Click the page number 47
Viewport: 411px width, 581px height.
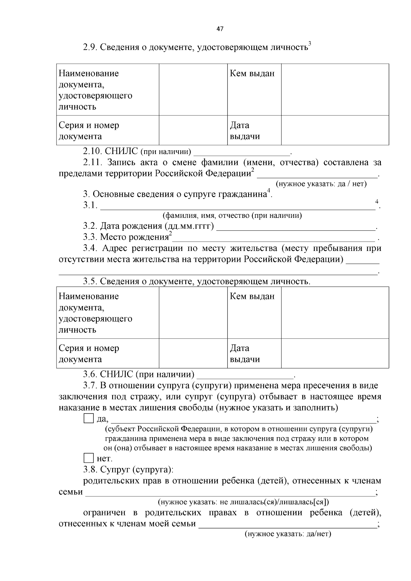pos(220,29)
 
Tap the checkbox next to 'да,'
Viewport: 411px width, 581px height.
pos(88,419)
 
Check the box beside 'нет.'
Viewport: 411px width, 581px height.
pos(88,458)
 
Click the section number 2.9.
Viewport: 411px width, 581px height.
pos(90,47)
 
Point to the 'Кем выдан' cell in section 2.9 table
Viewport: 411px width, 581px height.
pos(252,73)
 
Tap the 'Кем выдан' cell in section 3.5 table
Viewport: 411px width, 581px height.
pos(252,296)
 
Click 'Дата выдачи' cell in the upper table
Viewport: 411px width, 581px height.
pos(245,130)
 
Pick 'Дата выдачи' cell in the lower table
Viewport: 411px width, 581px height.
pos(245,354)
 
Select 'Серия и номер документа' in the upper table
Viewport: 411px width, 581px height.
pos(89,130)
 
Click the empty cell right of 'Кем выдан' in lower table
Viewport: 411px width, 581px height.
pos(335,313)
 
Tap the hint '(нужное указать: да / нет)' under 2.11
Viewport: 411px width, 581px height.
pos(321,184)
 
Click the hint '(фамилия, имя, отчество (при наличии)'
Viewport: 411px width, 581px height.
pos(232,215)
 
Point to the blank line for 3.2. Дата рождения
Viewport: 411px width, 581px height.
pos(296,228)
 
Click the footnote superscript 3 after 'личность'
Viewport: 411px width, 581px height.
pos(310,43)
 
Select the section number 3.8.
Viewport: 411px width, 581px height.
pos(90,469)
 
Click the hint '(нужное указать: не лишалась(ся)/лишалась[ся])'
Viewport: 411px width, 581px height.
pos(243,502)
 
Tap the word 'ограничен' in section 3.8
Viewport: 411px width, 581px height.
pos(104,513)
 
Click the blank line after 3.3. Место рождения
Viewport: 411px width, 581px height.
pos(274,239)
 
